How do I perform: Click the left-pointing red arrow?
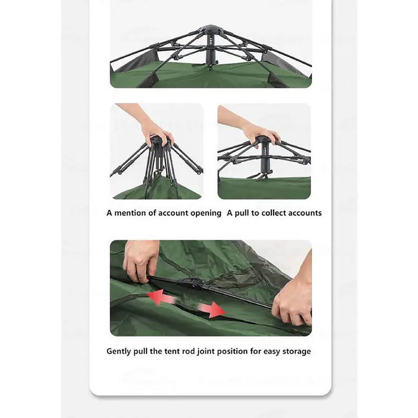click(x=161, y=298)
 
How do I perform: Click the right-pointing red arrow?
click(x=211, y=310)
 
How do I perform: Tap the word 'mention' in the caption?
click(x=130, y=213)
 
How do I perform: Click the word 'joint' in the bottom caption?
click(x=206, y=351)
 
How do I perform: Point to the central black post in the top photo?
click(x=211, y=48)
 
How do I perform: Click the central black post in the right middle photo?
click(x=265, y=160)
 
